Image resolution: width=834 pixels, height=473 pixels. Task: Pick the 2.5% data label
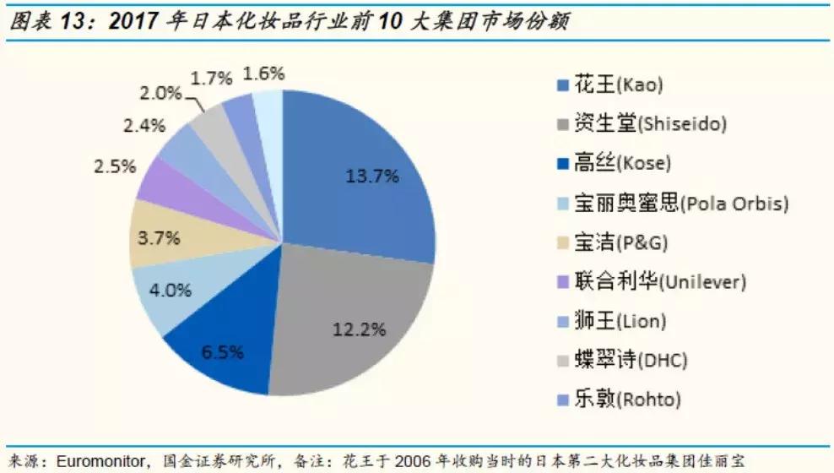[115, 166]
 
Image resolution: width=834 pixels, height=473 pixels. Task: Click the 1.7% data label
[211, 79]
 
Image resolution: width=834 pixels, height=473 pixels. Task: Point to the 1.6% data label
[263, 73]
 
